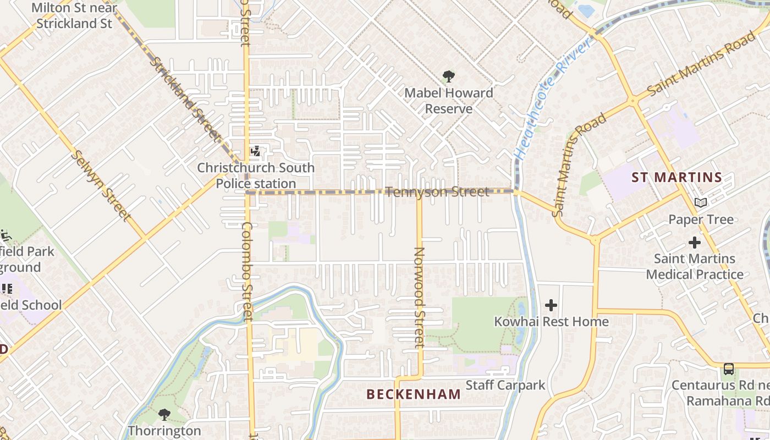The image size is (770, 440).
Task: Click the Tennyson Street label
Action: (437, 192)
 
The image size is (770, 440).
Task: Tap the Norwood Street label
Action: (420, 297)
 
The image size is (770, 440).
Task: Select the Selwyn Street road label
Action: (101, 186)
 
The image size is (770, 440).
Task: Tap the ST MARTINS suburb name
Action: (676, 178)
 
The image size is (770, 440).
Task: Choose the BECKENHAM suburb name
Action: (414, 394)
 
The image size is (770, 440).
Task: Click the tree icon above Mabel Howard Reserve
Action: (449, 76)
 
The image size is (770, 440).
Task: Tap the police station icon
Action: (255, 151)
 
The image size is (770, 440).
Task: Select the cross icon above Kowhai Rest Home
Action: (551, 305)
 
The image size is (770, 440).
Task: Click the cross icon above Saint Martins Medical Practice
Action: (695, 242)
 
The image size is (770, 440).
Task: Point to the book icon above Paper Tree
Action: (700, 203)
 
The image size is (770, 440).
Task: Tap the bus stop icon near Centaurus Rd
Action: (729, 369)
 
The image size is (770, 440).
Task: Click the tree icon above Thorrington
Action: (164, 414)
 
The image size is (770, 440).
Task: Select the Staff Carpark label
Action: (505, 385)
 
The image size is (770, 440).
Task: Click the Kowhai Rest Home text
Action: (551, 321)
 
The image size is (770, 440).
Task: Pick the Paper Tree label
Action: (701, 219)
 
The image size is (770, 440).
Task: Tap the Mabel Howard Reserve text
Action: (449, 101)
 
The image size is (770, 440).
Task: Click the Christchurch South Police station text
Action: (256, 175)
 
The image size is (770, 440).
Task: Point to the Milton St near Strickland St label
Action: (74, 15)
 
